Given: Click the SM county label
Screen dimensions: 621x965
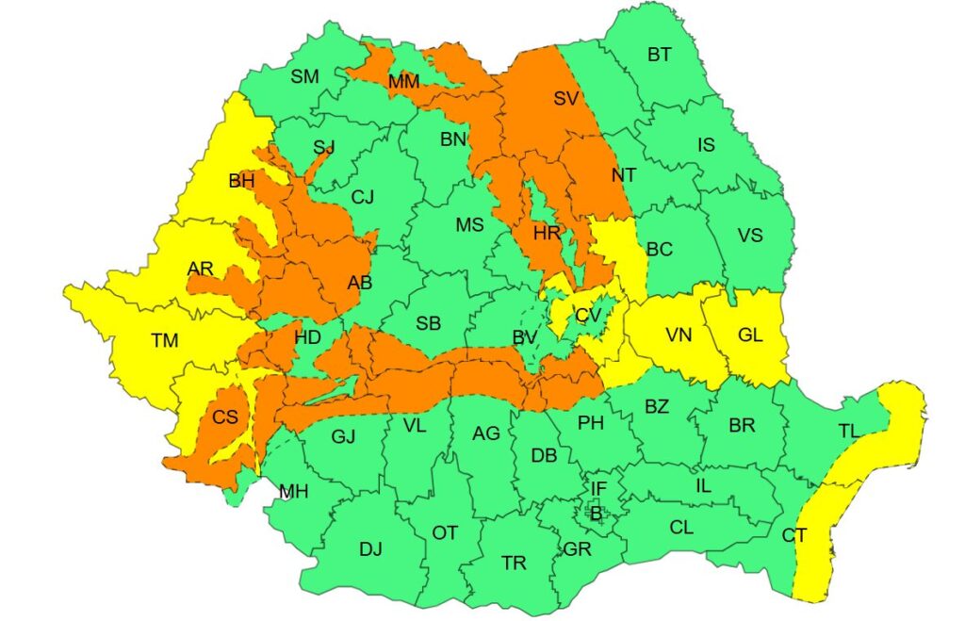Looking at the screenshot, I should (304, 77).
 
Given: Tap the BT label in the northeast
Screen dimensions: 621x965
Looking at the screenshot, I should (660, 55).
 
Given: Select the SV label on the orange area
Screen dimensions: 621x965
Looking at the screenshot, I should (565, 98).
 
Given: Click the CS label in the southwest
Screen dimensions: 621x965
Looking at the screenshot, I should (224, 417).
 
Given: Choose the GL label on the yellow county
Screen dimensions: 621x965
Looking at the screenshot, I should (750, 335).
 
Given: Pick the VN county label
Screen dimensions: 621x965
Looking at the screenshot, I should (679, 335).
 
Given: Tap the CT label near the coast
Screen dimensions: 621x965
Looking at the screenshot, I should (794, 535).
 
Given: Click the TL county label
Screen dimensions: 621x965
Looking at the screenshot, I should (849, 431).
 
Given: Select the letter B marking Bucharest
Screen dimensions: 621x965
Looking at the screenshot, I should (596, 513).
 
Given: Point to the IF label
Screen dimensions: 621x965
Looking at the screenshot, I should (598, 488).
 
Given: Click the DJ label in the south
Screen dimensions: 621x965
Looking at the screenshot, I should (370, 549).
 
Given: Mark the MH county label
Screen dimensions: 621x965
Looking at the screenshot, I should (293, 491).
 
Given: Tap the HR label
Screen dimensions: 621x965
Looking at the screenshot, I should (547, 233).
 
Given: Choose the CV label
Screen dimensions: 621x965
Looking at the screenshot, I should (588, 315).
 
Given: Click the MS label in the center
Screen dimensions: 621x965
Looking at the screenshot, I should (469, 225).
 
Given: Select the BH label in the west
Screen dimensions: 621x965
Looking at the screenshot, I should (242, 181).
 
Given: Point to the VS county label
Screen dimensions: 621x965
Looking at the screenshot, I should (750, 236).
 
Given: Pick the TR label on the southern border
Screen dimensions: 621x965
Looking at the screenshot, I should (514, 564).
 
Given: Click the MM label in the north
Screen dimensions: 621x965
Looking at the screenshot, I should (403, 82).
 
